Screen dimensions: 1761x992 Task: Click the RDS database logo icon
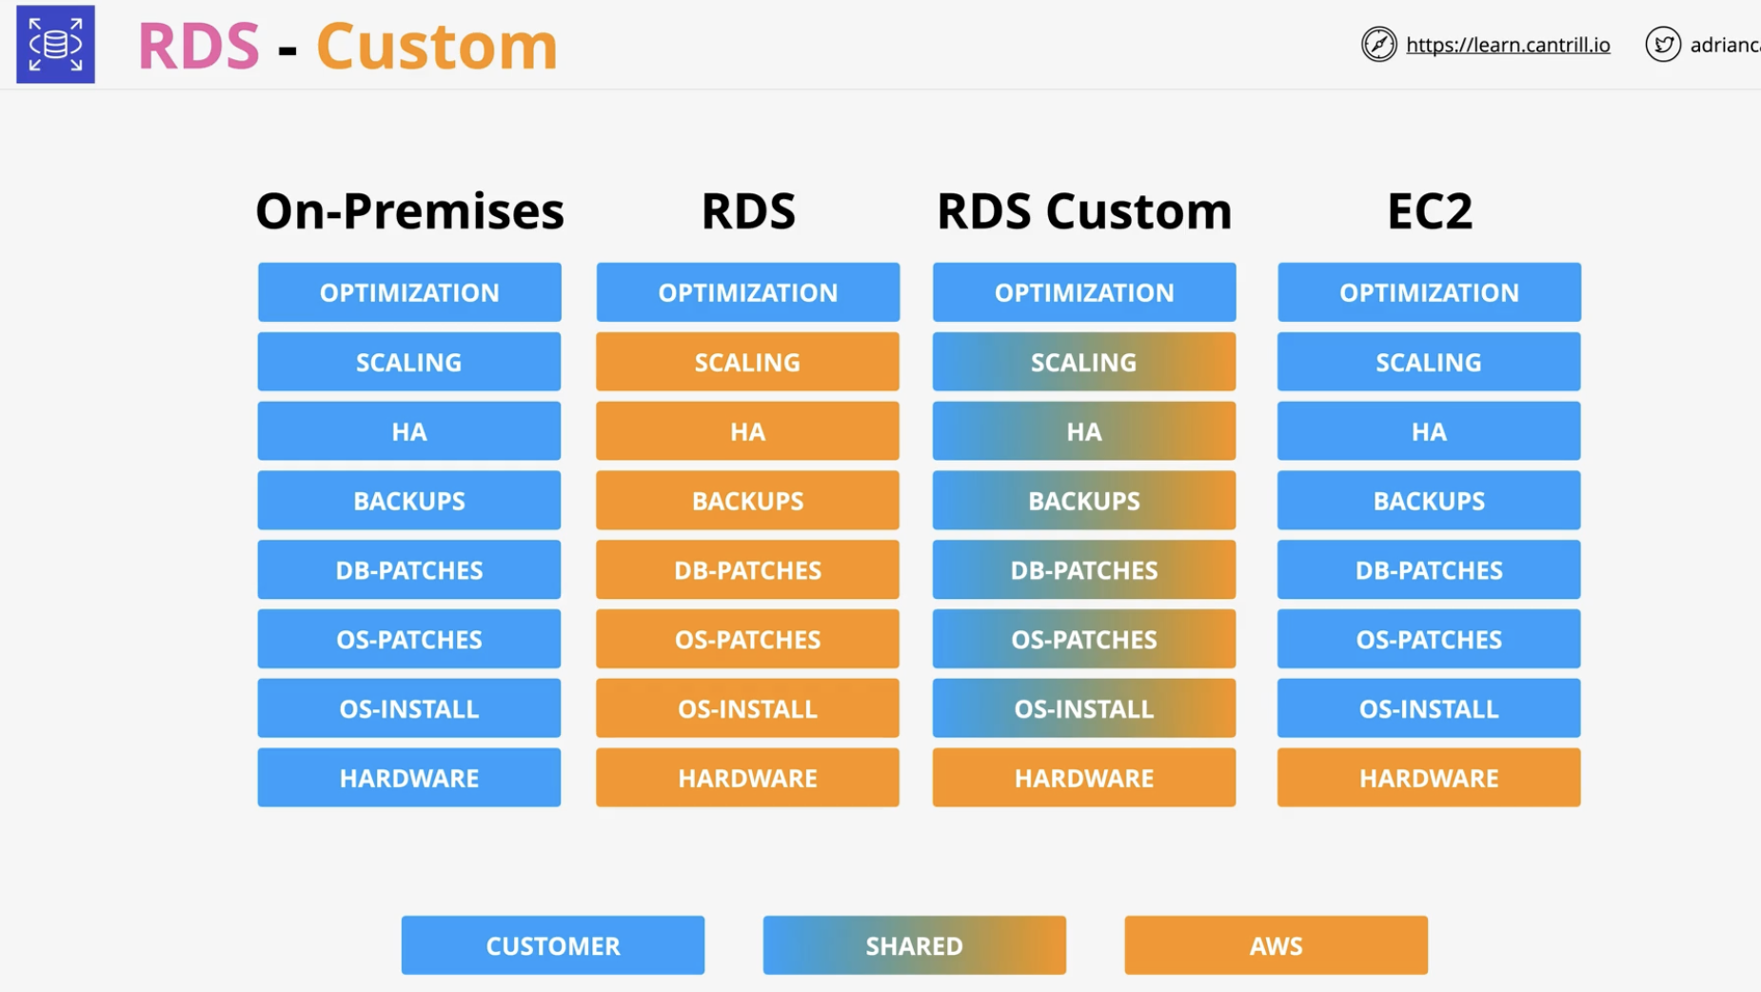pos(55,44)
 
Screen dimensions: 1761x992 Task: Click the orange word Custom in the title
pos(437,46)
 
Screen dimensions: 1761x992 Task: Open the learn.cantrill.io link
pos(1508,45)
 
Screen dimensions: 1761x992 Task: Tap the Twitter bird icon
pos(1663,44)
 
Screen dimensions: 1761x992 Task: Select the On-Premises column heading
pos(409,210)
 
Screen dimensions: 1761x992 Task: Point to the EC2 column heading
pos(1429,210)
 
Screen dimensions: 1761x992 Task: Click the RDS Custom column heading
pos(1084,210)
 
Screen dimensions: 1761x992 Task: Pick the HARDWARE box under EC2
pos(1429,778)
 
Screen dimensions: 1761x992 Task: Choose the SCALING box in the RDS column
pos(747,362)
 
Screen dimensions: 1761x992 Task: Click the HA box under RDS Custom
pos(1084,431)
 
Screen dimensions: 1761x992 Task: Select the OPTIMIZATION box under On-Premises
pos(409,292)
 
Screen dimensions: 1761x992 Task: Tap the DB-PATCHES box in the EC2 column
pos(1429,570)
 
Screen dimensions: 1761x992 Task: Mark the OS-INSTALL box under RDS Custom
pos(1084,708)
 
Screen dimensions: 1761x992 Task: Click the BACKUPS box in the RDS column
pos(747,501)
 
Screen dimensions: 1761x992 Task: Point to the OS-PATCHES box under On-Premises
pos(409,640)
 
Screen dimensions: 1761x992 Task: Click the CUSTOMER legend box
pos(553,945)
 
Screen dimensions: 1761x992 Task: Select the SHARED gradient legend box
pos(915,945)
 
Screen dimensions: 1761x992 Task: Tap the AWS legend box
pos(1276,945)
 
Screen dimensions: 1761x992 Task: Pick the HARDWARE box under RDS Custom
pos(1084,778)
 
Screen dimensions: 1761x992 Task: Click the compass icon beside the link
pos(1378,44)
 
